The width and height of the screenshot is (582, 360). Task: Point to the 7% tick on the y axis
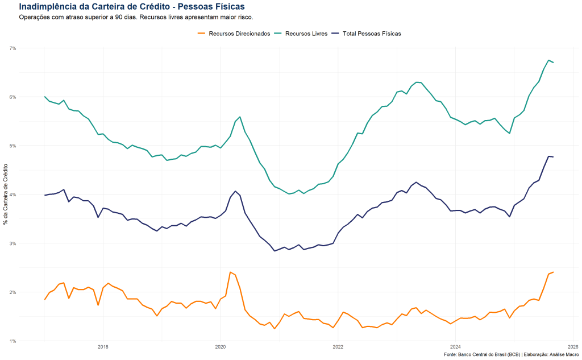[13, 48]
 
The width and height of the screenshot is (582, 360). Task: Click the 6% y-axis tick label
[13, 97]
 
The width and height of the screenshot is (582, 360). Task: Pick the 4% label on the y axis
[13, 195]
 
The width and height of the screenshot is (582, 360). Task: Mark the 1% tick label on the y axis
[13, 341]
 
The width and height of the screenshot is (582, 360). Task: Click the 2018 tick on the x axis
[103, 346]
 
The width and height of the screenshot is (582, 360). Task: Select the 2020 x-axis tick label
[221, 346]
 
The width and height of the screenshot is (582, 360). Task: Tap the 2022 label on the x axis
[338, 346]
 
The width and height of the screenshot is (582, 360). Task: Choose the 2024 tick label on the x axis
[455, 346]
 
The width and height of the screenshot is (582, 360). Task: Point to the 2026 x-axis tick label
[573, 346]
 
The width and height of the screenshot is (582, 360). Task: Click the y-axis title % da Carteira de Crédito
[6, 195]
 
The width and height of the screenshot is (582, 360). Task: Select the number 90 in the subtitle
[114, 17]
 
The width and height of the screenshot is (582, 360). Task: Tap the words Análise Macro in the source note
[563, 354]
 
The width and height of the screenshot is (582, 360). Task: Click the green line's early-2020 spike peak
[240, 117]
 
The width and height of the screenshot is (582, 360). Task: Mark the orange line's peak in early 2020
[230, 272]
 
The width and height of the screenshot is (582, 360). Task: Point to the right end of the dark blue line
[554, 157]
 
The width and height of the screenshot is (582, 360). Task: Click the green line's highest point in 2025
[548, 60]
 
